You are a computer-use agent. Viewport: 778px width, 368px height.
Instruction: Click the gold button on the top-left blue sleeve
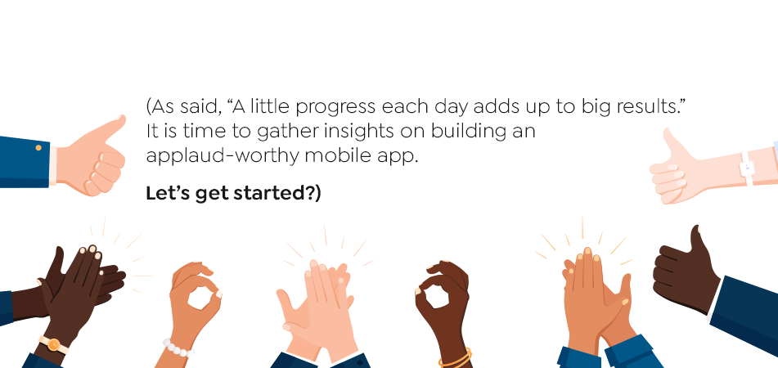[x=38, y=148]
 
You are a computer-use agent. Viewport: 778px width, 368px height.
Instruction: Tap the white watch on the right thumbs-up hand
[x=747, y=168]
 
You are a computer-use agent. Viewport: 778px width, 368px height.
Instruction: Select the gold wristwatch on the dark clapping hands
[x=53, y=344]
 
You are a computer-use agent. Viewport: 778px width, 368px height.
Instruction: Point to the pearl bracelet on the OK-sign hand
[x=176, y=348]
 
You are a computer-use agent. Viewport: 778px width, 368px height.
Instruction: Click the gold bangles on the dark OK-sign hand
[x=455, y=358]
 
